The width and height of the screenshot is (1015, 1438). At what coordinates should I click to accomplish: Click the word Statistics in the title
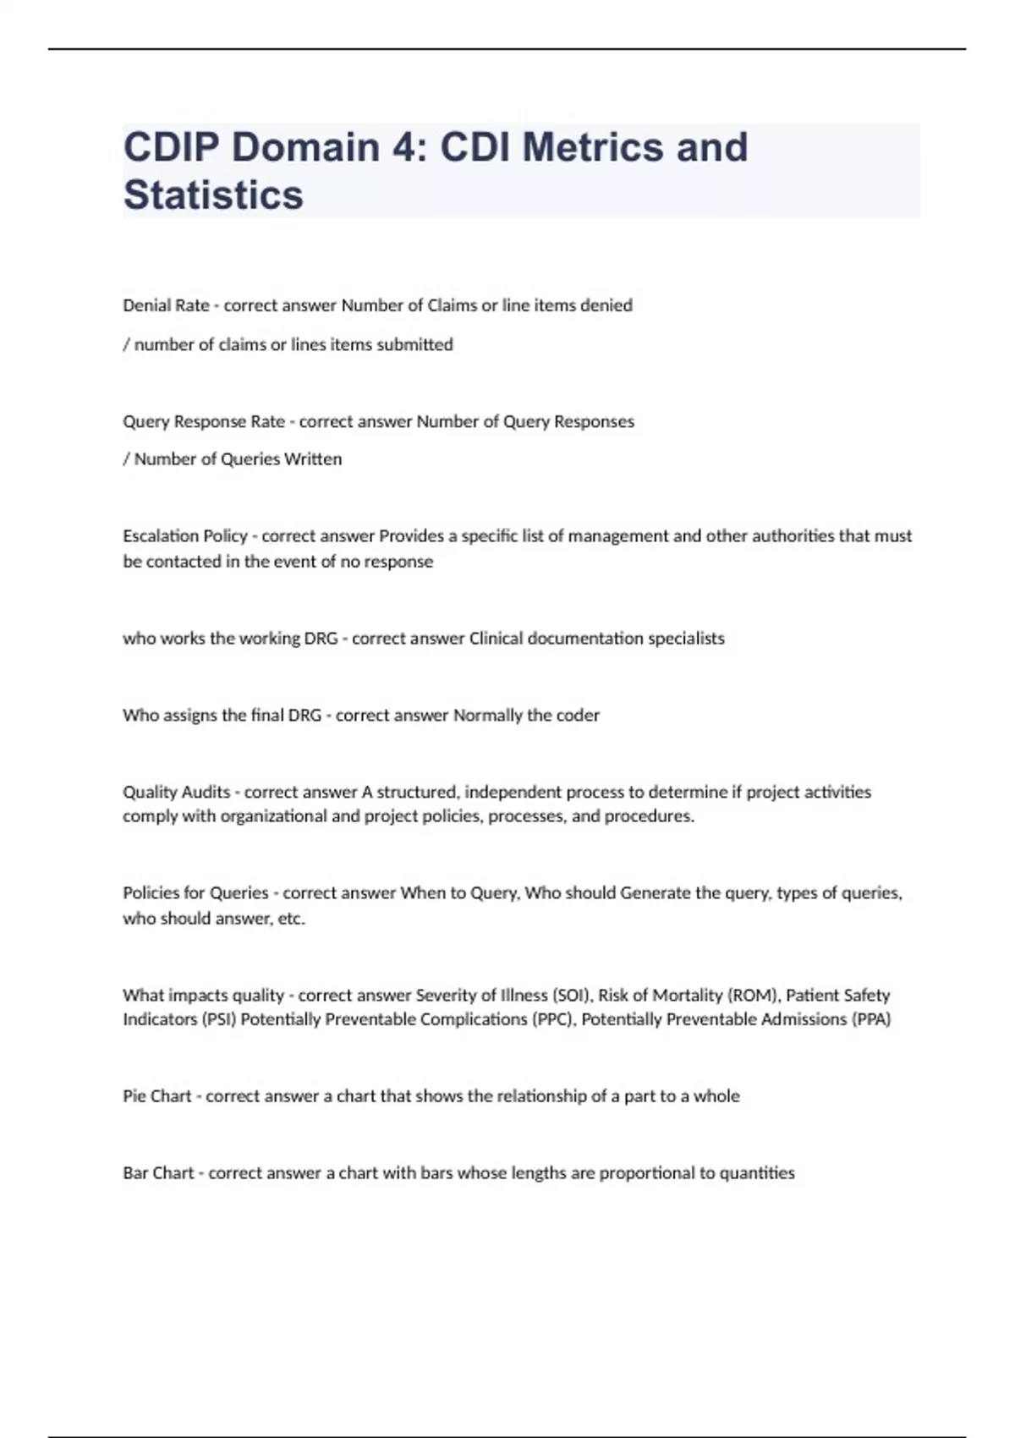213,195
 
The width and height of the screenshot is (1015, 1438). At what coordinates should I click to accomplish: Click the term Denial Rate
166,305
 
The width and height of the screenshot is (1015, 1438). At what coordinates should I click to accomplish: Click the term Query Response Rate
203,421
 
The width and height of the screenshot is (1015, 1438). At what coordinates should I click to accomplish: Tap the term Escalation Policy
184,536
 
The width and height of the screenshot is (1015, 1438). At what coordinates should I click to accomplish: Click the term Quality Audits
176,793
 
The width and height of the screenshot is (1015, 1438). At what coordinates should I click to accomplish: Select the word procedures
649,816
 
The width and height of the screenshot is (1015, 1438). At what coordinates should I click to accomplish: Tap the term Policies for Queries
195,893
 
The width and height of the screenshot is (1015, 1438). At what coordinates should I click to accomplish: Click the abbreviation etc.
291,919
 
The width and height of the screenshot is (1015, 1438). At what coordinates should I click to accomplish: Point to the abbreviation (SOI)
572,996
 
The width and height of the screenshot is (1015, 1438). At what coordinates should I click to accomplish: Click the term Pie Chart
157,1096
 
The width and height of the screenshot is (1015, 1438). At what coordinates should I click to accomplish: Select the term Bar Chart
158,1173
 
